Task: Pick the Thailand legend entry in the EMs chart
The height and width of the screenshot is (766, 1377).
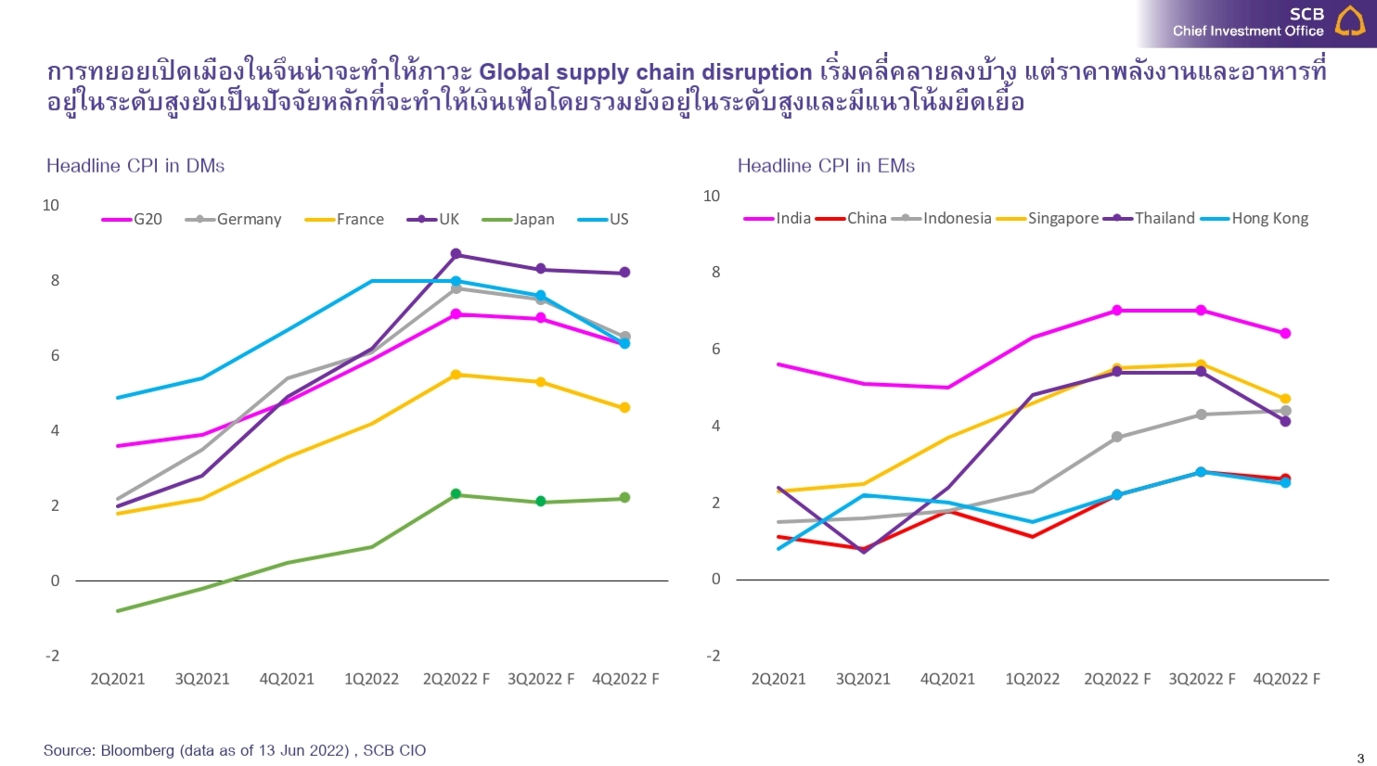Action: (1165, 219)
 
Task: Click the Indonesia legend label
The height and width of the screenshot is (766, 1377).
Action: (957, 219)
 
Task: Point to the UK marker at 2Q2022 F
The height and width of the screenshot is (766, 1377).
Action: (456, 254)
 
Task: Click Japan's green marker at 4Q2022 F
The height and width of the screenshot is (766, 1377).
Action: (624, 498)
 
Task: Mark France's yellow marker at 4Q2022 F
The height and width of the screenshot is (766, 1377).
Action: (624, 407)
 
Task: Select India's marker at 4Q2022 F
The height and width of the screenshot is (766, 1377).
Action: (1285, 333)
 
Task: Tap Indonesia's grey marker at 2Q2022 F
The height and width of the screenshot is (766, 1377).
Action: (1117, 437)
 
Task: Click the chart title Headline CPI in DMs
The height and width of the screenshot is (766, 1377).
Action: (135, 166)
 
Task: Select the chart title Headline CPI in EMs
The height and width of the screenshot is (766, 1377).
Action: (826, 166)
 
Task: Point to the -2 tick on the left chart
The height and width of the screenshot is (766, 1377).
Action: (52, 656)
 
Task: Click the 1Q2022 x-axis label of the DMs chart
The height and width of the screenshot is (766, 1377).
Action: (371, 679)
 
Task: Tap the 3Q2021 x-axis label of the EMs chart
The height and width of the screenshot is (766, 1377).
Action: (863, 679)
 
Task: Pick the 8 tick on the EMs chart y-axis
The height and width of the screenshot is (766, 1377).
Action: (715, 273)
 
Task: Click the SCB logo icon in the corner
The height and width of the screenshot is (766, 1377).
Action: (1350, 20)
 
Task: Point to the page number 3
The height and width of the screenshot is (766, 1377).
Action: (1360, 759)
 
